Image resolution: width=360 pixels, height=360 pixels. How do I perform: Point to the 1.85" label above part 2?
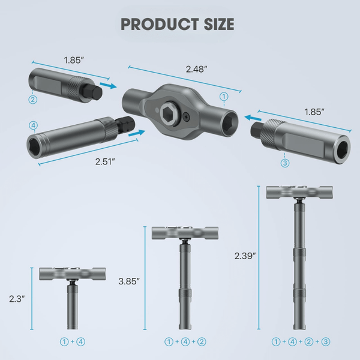74,60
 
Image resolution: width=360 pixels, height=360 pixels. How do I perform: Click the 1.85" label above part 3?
314,111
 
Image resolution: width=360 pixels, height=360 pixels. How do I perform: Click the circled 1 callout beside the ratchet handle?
224,96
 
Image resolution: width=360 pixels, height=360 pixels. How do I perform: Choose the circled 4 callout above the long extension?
32,125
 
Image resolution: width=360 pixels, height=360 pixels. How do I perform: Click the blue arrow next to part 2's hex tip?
108,86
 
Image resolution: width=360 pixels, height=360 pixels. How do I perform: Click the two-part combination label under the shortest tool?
72,342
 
